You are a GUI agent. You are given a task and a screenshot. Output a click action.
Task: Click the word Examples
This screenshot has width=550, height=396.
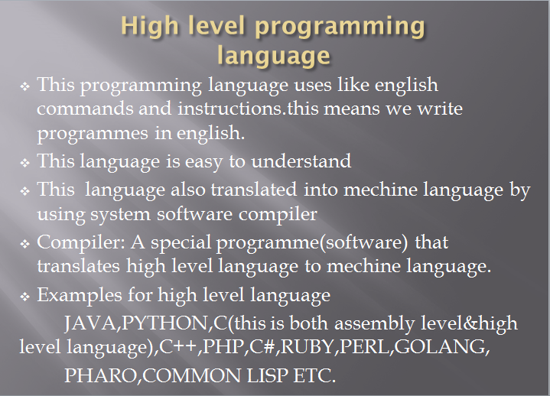[x=76, y=295]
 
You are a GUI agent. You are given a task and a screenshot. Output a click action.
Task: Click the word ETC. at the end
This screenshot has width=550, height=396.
[x=315, y=375]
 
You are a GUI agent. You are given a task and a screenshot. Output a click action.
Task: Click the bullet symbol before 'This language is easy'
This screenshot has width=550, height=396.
[x=24, y=162]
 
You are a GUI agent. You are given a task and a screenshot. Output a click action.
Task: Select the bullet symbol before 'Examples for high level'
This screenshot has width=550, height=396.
[x=24, y=296]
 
